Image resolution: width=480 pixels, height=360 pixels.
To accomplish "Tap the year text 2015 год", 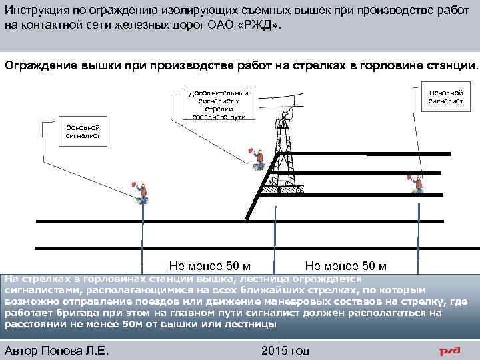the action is point(285,351).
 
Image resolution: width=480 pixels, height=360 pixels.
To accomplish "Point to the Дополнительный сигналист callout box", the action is point(219,105).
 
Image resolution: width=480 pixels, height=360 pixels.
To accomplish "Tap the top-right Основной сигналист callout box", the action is point(445,97).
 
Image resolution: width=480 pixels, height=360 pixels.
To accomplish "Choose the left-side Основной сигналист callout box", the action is point(83,131).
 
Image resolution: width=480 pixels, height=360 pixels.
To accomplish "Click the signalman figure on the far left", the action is point(141,192).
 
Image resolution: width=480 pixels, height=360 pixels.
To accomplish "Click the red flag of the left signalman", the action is point(134,185).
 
